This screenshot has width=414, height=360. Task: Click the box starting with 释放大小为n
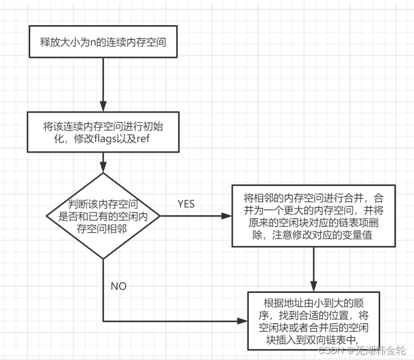coord(103,41)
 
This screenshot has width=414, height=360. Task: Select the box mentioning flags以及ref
coord(103,132)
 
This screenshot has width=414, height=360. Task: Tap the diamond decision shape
coord(103,216)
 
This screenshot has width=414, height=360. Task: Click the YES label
coord(186,204)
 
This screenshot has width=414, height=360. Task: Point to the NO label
coord(119,286)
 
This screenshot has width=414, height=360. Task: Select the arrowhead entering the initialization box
coord(103,107)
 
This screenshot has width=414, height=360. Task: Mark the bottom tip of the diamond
coord(103,259)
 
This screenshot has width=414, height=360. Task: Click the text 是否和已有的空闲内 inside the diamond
coord(104,216)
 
